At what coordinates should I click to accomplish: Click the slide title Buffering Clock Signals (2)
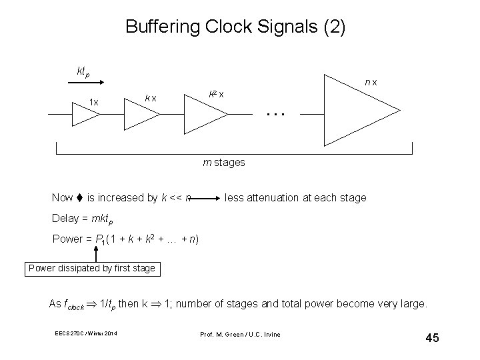(235, 28)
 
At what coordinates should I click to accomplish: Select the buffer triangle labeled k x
(141, 114)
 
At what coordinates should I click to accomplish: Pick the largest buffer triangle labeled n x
(356, 111)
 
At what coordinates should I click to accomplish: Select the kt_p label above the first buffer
(83, 71)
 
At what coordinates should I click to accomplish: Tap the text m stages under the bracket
(224, 162)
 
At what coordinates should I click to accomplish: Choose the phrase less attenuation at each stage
(295, 197)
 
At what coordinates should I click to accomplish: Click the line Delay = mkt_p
(83, 219)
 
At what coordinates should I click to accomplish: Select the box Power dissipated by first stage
(92, 269)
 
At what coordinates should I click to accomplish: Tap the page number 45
(431, 338)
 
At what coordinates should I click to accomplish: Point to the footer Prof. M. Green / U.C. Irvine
(239, 333)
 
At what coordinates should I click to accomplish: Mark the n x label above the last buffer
(371, 82)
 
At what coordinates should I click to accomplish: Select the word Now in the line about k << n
(63, 197)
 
